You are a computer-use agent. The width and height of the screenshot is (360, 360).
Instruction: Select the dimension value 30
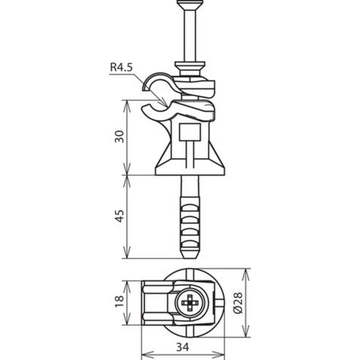pos(120,136)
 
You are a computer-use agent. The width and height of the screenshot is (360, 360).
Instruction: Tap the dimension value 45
pos(120,216)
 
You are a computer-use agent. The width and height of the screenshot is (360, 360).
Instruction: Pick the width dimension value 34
pos(183,347)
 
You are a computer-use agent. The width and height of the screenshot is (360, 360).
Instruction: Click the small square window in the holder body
pos(189,132)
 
